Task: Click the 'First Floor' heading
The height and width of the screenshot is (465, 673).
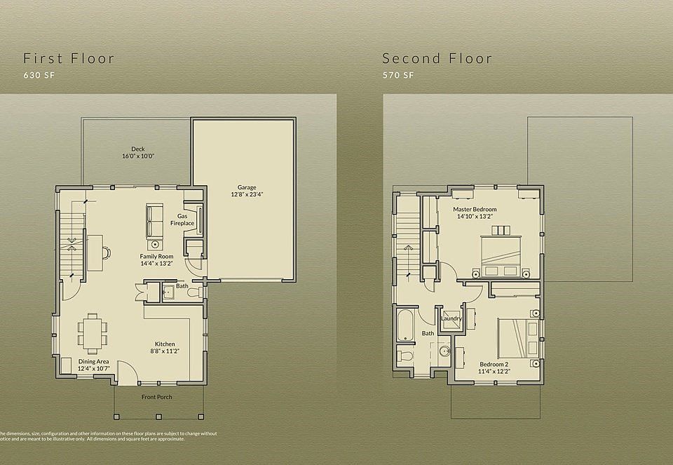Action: pos(69,58)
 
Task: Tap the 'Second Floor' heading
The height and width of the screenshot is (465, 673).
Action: pos(437,58)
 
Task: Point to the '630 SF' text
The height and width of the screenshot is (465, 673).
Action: pos(38,75)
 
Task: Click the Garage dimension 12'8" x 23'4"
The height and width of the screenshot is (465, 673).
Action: pos(246,194)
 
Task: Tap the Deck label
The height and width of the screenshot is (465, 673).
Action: pos(137,149)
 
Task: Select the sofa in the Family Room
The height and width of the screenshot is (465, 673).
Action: pos(154,220)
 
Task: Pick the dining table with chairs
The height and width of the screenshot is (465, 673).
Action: pos(93,332)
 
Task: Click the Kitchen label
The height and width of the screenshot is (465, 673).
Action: pos(165,344)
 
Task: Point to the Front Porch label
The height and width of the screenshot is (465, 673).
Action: pos(157,397)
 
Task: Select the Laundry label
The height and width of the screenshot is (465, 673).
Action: pos(451,318)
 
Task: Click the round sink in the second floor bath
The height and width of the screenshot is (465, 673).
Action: pos(444,351)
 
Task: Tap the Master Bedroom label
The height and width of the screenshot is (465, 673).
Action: pos(475,210)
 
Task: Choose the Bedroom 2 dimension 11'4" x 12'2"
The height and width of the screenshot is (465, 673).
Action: pos(494,370)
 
